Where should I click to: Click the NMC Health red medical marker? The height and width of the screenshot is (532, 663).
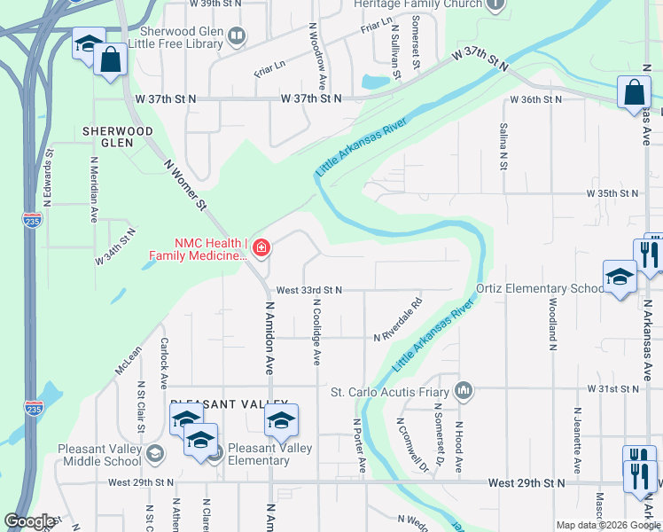(261, 247)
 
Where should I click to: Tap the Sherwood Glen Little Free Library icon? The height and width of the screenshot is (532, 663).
(237, 37)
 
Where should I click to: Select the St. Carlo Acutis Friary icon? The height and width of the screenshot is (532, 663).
(463, 390)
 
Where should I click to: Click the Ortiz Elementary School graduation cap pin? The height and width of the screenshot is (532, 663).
(620, 276)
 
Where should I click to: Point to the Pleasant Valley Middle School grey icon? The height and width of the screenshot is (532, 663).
(155, 455)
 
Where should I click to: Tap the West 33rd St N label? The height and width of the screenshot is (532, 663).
(308, 290)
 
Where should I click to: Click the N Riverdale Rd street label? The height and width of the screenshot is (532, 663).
(398, 330)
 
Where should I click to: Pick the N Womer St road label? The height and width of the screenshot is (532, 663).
(185, 184)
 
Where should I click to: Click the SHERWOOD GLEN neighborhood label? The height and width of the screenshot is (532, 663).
(118, 137)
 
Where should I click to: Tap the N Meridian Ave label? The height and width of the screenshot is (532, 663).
(93, 190)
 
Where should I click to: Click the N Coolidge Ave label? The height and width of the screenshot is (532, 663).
(316, 331)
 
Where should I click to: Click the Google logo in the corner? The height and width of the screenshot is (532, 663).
(30, 521)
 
